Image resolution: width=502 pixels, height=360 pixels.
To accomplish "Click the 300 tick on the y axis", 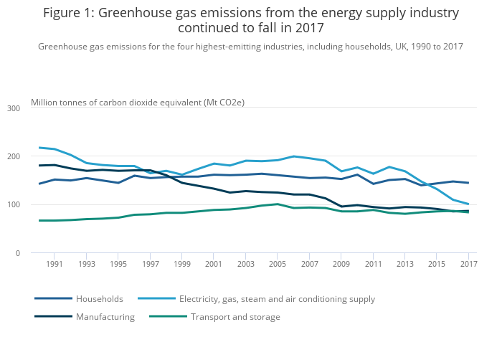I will pos(14,108).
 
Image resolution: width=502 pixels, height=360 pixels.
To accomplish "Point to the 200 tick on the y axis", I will pos(14,156).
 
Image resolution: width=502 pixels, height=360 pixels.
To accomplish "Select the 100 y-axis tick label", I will pos(14,205).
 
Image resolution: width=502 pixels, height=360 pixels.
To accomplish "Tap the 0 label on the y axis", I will pos(17,253).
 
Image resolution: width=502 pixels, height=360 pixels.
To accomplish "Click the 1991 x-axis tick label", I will pos(55,265).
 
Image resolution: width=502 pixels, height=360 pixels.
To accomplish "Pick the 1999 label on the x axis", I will pos(182,265).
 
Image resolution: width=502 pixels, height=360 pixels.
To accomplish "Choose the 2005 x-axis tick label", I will pos(278,265).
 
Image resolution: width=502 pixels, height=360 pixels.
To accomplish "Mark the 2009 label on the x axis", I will pos(341,265).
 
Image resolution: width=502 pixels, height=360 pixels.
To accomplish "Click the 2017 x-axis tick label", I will pos(468,265).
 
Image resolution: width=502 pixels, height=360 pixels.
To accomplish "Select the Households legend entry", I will pos(100,299).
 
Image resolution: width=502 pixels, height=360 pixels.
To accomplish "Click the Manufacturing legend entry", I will pos(105,317).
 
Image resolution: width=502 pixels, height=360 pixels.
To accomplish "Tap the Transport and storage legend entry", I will pos(235,317).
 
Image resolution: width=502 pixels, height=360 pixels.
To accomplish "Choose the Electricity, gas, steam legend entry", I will pos(277,299).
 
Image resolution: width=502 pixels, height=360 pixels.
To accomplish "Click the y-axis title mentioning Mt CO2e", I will pos(138,103).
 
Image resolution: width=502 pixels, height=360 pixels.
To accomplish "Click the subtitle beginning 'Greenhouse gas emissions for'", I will pos(250,47).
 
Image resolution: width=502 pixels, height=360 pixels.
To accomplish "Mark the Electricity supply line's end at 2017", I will pos(468,204).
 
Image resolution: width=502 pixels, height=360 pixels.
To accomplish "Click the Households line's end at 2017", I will pos(468,183).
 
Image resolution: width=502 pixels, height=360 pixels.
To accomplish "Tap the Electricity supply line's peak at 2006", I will pos(293,156).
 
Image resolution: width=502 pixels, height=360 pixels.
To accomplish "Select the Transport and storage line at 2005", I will pos(278,204).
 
